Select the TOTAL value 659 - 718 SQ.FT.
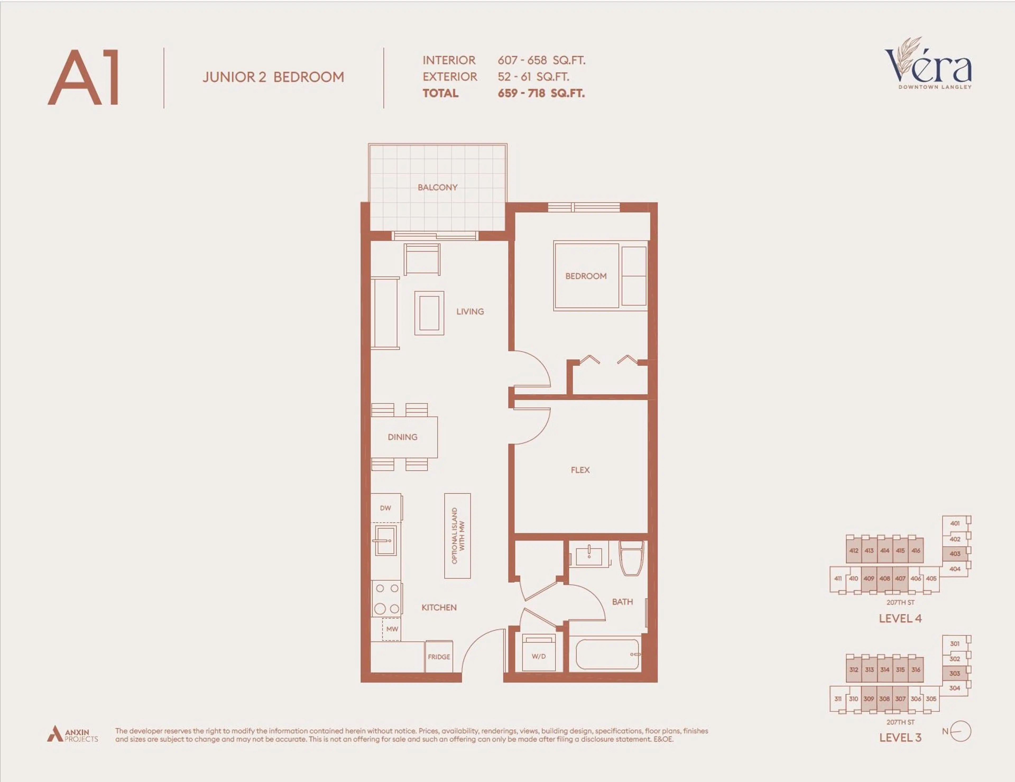tap(541, 93)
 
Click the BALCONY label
tap(437, 187)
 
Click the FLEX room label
tap(580, 470)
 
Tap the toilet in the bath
tap(631, 558)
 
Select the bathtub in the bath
tap(607, 654)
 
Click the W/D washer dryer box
tap(539, 654)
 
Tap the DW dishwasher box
tap(386, 508)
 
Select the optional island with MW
tap(457, 536)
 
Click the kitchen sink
tap(385, 541)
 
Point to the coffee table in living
tap(429, 313)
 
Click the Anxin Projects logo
tap(72, 735)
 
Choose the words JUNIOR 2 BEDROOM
tap(273, 77)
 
